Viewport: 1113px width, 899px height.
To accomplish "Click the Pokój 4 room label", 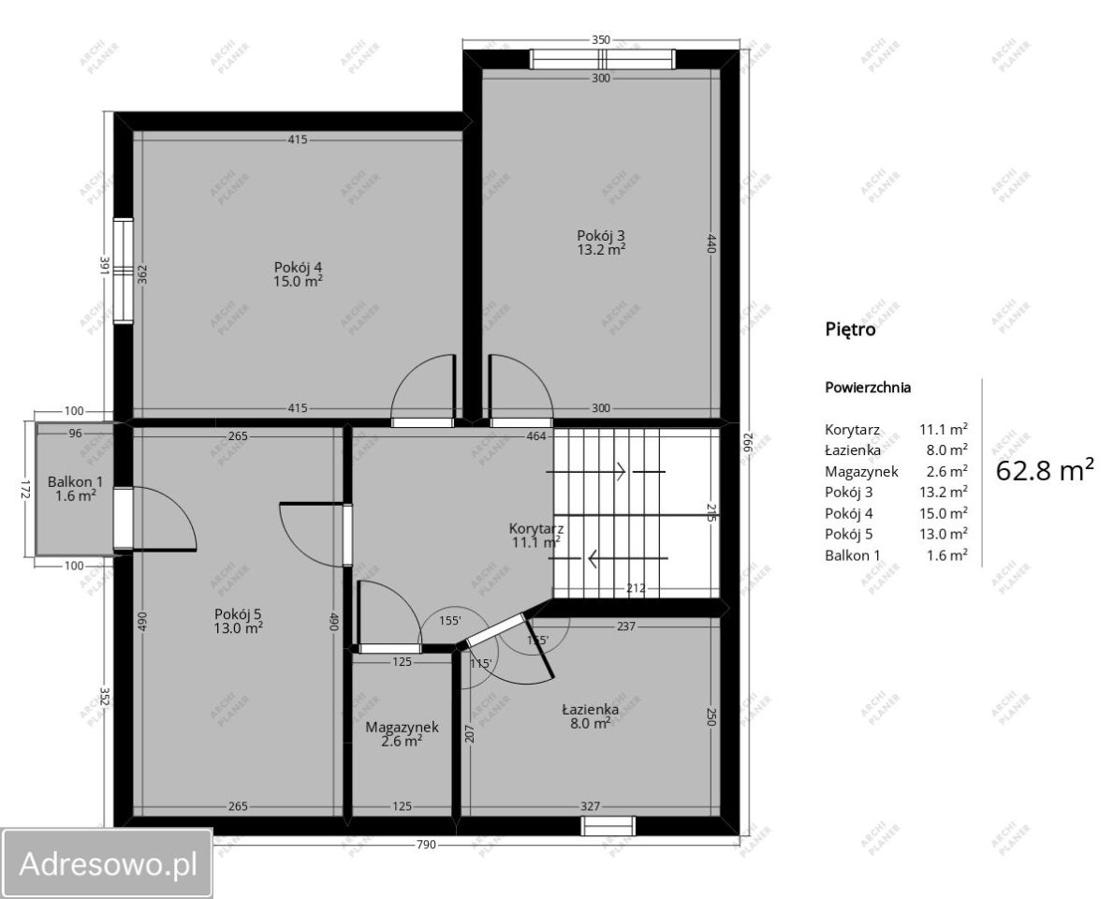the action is tap(298, 267).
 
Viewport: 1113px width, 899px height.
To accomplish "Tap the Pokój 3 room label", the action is tap(601, 236).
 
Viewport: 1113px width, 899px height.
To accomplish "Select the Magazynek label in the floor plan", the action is tap(402, 727).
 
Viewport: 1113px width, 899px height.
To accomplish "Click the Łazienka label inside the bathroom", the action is tap(590, 709).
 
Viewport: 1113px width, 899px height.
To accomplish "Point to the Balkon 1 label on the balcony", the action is tap(75, 482).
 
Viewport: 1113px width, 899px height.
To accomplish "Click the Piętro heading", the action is tap(850, 330).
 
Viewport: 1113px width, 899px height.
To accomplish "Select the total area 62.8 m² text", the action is tap(1045, 470).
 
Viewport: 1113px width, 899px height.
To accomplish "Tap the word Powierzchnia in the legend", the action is tap(868, 388).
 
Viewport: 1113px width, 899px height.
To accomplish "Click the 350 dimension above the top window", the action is tap(601, 40).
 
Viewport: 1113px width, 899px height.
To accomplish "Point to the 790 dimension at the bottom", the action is tap(426, 845).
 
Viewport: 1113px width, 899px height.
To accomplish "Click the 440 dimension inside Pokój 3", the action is tap(712, 243).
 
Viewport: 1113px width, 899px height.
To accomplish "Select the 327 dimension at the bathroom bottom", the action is tap(590, 806).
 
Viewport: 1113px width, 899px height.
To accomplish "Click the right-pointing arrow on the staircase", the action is tap(586, 471).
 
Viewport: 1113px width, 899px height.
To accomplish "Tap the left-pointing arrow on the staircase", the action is tap(627, 559).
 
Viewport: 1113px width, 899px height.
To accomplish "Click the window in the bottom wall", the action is tap(608, 826).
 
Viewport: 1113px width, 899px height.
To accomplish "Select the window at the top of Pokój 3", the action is tap(603, 60).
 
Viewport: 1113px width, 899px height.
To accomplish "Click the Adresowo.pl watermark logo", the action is tap(107, 863).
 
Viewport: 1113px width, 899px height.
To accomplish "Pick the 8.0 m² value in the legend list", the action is tap(946, 449).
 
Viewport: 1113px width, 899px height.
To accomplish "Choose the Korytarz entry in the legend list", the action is tap(852, 430).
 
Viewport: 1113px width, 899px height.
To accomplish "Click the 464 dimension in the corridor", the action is tap(536, 436).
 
